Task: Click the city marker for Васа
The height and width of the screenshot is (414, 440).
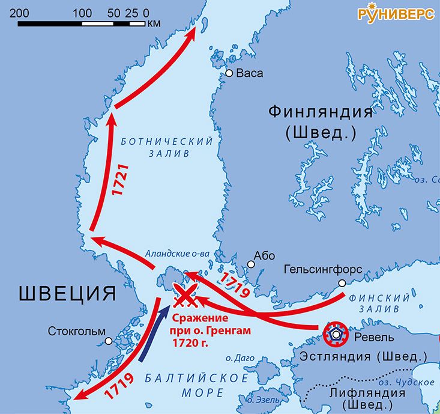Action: (229, 73)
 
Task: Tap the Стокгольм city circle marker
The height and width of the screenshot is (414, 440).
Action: (109, 341)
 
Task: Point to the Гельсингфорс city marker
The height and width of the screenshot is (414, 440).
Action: (342, 283)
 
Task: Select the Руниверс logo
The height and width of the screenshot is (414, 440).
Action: (396, 14)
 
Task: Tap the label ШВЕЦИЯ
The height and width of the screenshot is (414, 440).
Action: (67, 294)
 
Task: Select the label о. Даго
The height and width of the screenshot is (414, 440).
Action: (237, 359)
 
